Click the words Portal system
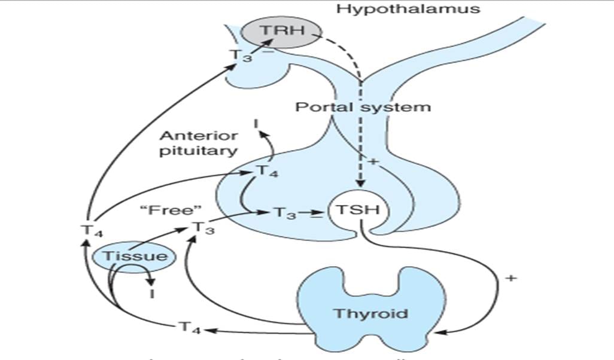363,108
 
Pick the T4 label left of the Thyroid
190,328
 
